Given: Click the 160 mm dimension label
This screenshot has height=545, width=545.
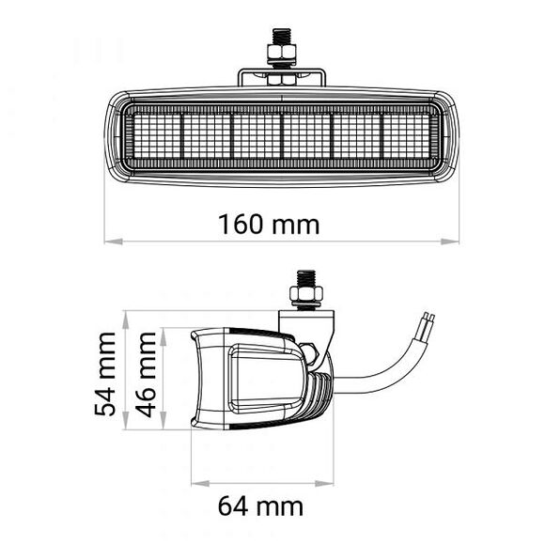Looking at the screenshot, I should tap(269, 226).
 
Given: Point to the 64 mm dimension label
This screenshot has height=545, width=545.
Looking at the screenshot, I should tap(261, 506).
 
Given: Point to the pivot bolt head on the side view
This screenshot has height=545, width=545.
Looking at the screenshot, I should tap(309, 353).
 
